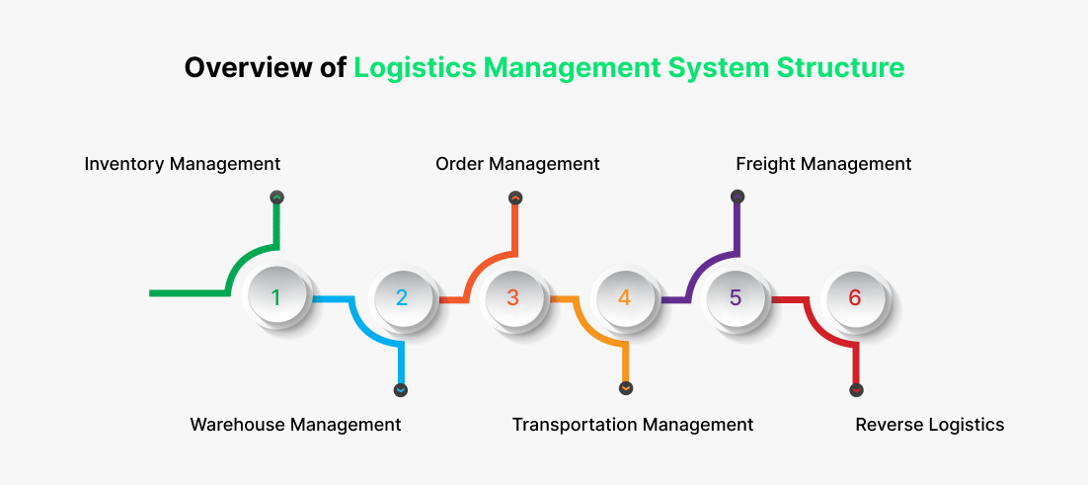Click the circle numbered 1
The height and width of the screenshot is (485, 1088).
point(276,297)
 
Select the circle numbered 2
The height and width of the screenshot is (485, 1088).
point(402,297)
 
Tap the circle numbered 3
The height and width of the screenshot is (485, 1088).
point(513,297)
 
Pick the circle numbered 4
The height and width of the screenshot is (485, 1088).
point(625,297)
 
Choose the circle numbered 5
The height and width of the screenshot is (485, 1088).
point(736,297)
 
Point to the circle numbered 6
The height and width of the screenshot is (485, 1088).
point(855,297)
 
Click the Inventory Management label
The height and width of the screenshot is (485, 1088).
point(183,164)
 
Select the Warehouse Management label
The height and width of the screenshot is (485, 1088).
point(295,425)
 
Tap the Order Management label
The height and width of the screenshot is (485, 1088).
point(517,164)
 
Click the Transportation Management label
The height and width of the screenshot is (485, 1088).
point(632,425)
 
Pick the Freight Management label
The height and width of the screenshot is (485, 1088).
point(823,164)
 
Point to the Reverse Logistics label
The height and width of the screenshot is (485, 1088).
point(929,425)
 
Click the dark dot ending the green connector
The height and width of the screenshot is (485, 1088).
point(277,198)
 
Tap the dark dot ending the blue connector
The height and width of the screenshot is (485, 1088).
point(400,390)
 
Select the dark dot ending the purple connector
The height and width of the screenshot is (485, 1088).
point(738,198)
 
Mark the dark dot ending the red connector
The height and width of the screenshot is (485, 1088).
point(856,390)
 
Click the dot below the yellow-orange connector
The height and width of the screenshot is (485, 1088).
point(626,389)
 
